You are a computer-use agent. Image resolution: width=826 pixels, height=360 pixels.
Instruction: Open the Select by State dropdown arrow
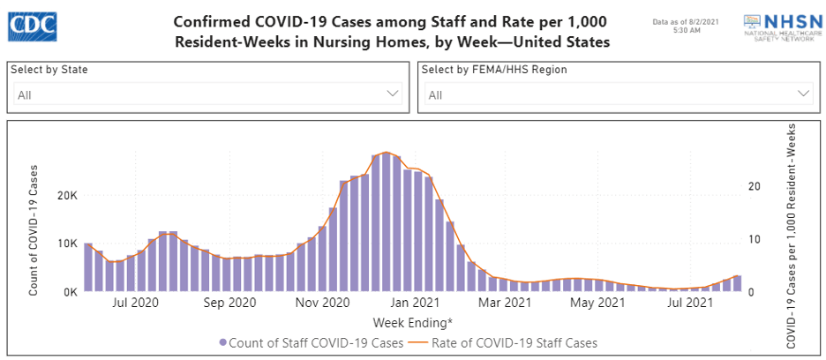point(394,94)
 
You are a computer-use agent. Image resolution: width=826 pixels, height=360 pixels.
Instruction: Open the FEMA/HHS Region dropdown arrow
point(804,94)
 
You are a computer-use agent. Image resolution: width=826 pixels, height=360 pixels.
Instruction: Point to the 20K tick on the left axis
point(69,196)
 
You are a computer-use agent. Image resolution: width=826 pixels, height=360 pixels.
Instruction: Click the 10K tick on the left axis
point(69,244)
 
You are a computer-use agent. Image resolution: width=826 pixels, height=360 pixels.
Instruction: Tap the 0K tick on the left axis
point(71,292)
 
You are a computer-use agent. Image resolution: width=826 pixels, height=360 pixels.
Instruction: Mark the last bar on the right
point(737,283)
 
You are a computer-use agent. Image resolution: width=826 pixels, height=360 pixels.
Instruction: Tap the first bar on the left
point(88,266)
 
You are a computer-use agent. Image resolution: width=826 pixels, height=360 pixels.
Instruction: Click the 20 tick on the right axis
point(753,186)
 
